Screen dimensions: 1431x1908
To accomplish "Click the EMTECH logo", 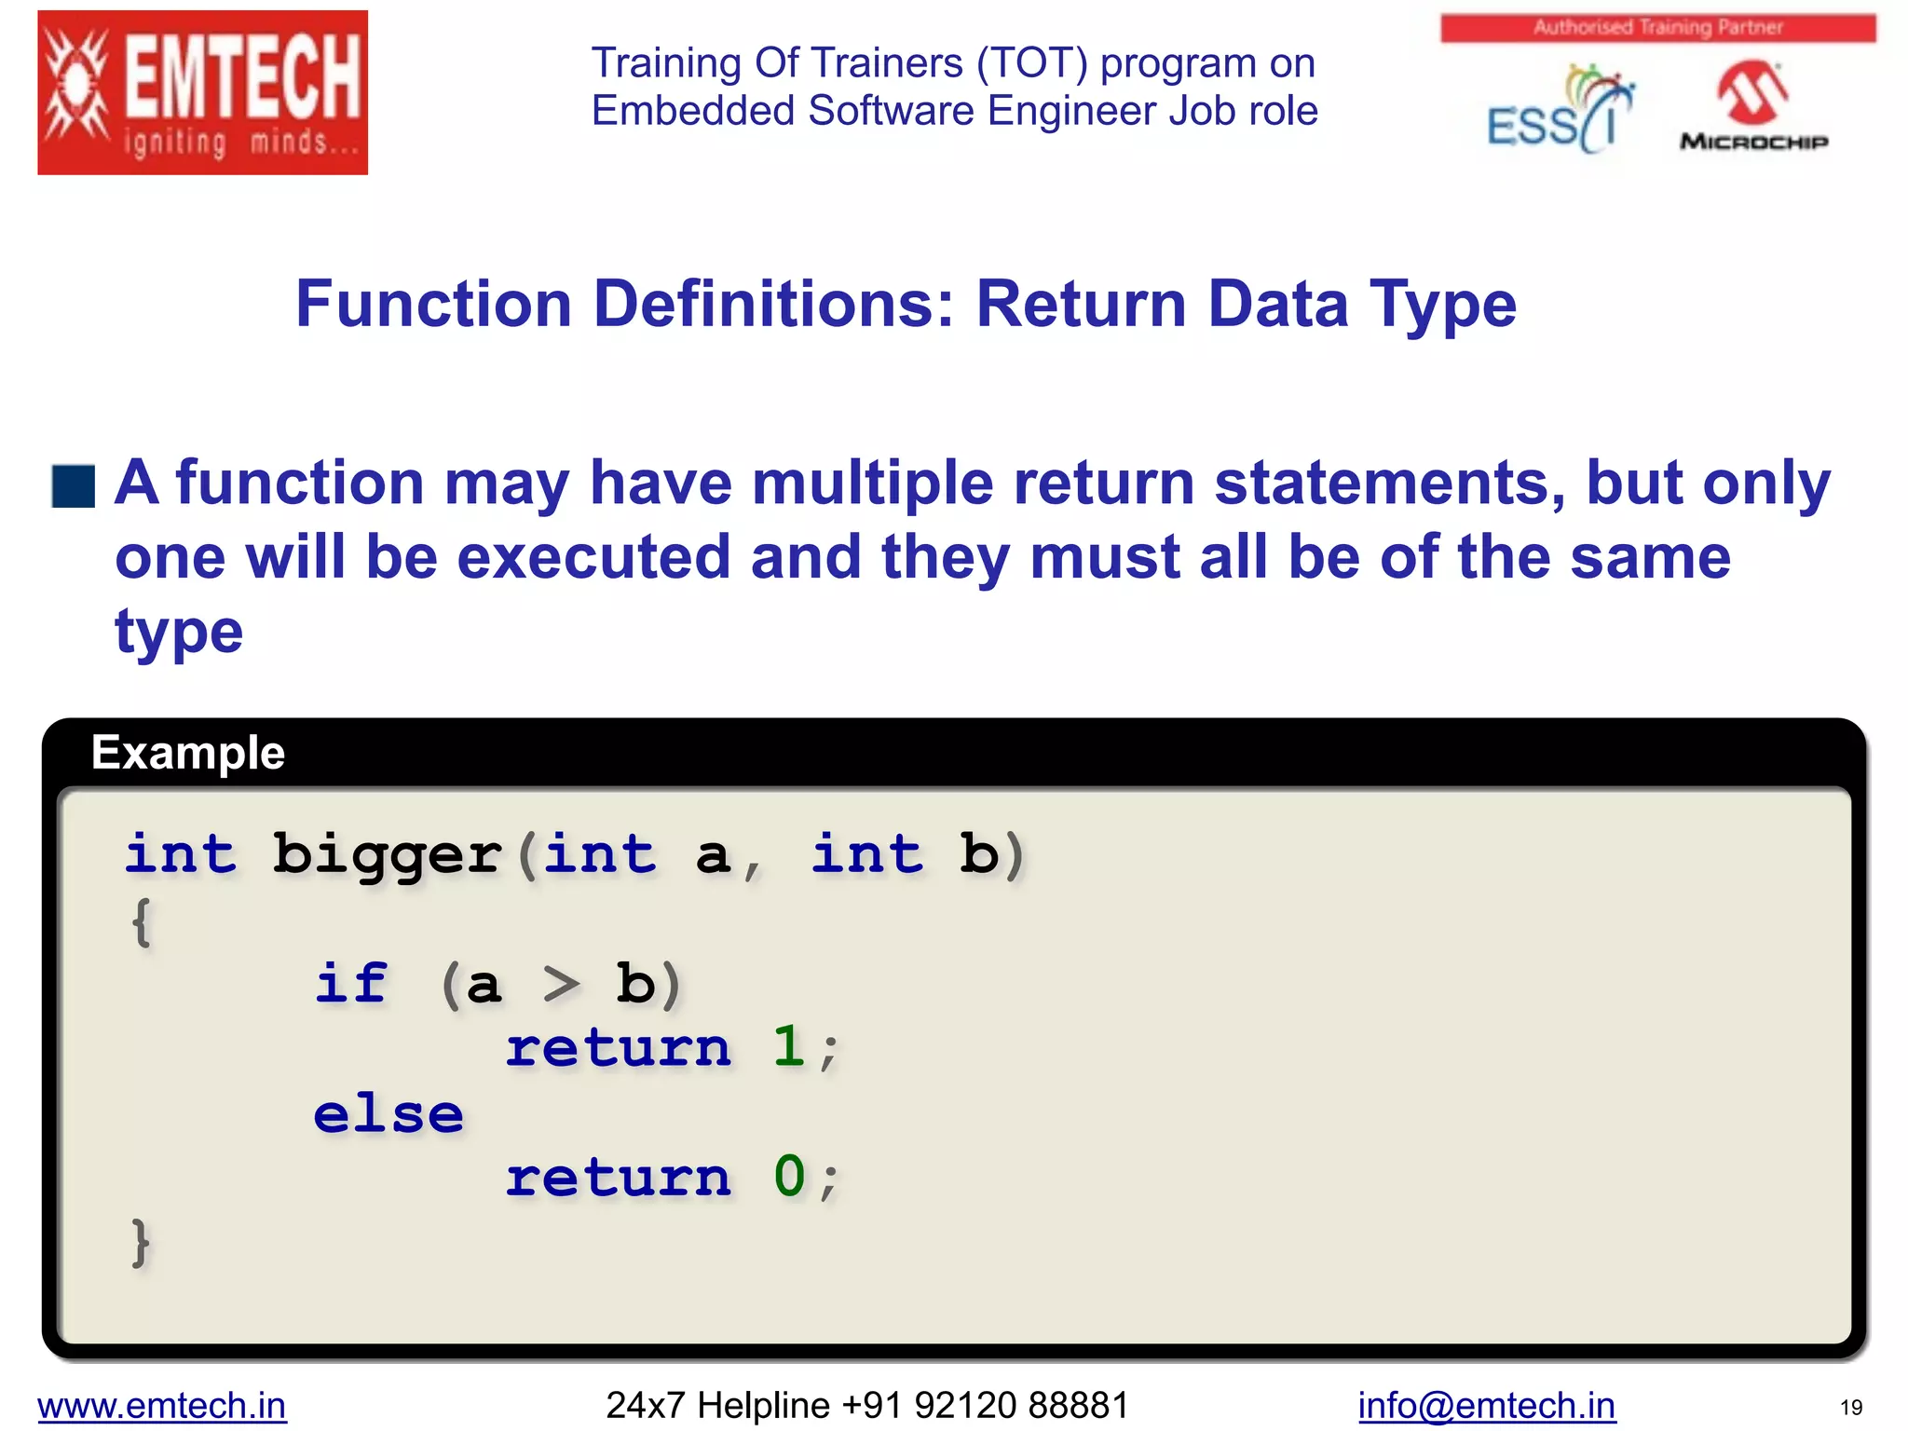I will (202, 92).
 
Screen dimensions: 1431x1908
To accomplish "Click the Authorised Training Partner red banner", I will (1657, 27).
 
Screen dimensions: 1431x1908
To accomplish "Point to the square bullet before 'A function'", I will (74, 486).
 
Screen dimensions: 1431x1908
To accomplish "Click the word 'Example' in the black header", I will (188, 753).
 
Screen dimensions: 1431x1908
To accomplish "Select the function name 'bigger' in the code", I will (387, 855).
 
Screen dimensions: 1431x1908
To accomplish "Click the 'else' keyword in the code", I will (388, 1114).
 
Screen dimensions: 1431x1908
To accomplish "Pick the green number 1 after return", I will (788, 1047).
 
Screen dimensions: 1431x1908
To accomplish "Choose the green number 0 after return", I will (789, 1177).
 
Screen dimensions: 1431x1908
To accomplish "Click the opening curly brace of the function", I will (141, 922).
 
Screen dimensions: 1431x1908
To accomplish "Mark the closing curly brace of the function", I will (141, 1242).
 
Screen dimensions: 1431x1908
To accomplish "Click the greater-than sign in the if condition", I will (561, 984).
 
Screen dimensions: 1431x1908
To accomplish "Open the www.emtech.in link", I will (162, 1405).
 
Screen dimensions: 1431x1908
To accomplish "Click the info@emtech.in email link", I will (1486, 1405).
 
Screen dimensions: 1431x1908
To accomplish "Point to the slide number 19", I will (1850, 1408).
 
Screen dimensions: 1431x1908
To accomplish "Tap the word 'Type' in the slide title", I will (1442, 305).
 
